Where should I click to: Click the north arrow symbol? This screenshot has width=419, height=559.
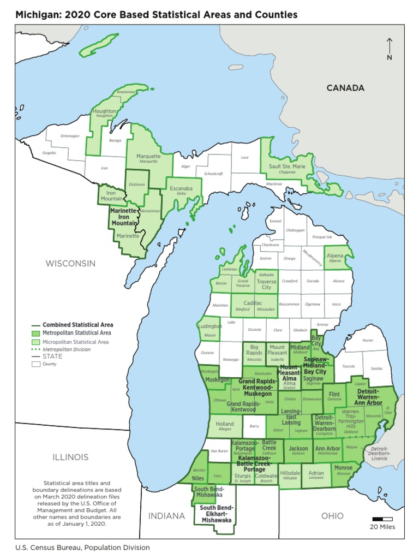[389, 47]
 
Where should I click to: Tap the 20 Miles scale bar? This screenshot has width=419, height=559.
[382, 519]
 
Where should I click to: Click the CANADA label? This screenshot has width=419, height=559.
[345, 88]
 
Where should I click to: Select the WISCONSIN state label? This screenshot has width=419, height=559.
[70, 263]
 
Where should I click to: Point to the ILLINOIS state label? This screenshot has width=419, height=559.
[70, 457]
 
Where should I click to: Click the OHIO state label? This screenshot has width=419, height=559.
[332, 515]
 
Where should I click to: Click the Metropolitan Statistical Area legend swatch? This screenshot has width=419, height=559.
[36, 332]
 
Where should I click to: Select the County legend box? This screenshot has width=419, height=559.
[36, 364]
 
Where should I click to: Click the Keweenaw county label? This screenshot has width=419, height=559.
[126, 92]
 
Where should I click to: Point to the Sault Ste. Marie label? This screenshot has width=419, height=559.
[287, 166]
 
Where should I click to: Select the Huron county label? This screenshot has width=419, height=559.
[368, 340]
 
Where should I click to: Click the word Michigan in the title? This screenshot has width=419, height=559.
[37, 15]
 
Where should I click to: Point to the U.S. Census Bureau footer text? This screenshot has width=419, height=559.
[82, 547]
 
